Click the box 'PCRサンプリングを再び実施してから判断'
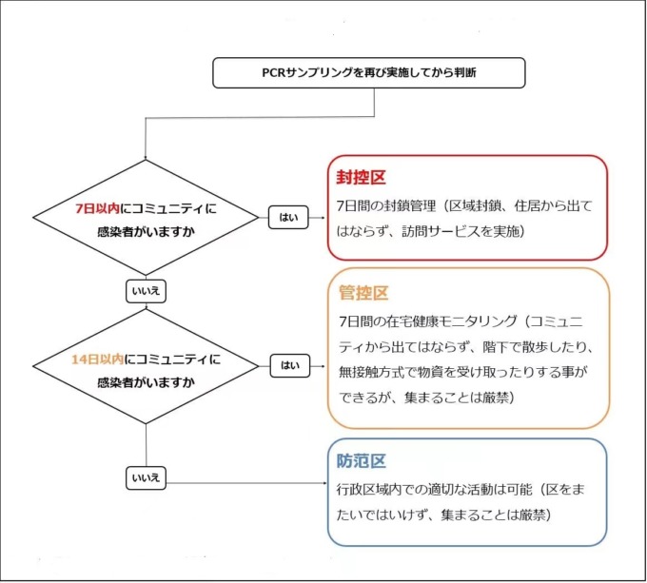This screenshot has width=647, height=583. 368,71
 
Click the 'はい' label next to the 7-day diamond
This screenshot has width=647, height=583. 287,217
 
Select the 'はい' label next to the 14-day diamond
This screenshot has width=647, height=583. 287,364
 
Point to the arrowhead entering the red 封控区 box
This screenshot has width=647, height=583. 323,217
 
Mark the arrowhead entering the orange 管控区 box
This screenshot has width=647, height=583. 323,364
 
